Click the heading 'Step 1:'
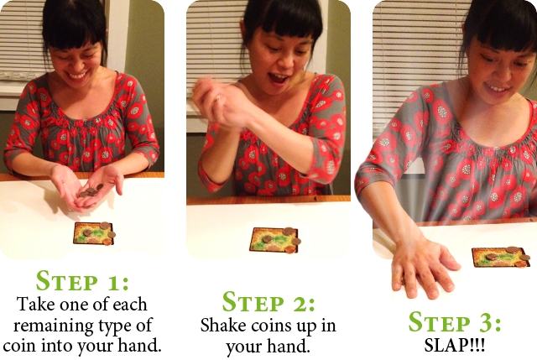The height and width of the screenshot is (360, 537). coord(82,281)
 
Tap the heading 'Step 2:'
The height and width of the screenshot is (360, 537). coord(268,302)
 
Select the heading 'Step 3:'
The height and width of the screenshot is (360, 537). coord(455,322)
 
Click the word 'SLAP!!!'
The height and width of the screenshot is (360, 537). coord(455,345)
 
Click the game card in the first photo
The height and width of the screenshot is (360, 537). coord(93,233)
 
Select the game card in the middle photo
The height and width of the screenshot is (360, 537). coord(273,240)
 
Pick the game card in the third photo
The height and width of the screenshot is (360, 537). coord(500,257)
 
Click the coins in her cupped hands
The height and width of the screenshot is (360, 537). coord(91,190)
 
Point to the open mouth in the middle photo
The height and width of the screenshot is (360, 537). coord(278,78)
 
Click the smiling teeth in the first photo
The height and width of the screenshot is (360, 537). coord(77,75)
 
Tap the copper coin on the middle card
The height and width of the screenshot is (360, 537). coord(290,249)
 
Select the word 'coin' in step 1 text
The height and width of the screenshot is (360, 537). coord(19,346)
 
